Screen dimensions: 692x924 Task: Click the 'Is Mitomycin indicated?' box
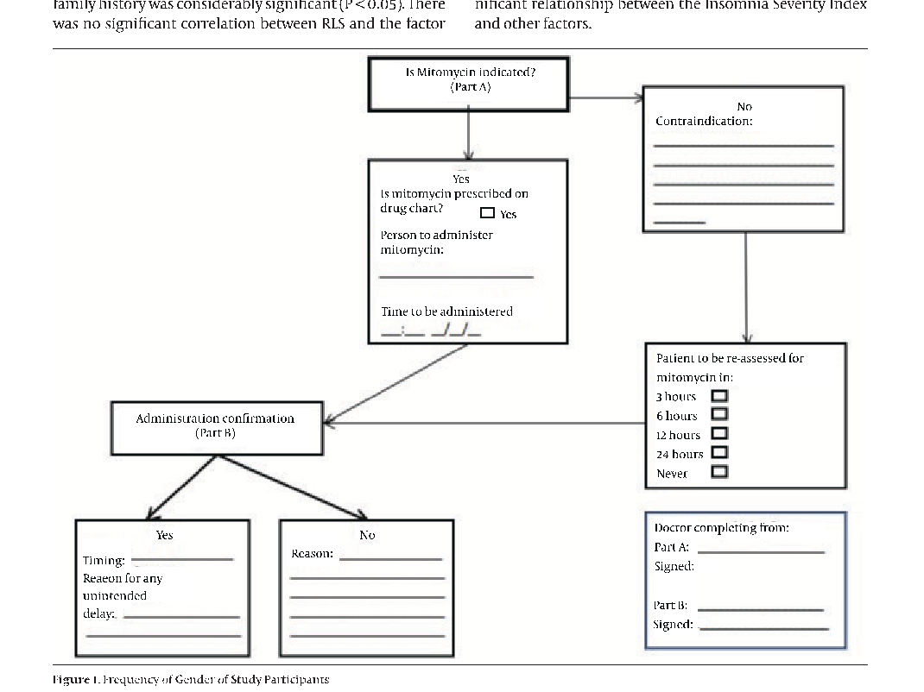(x=469, y=84)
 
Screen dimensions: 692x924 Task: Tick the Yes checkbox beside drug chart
(x=487, y=213)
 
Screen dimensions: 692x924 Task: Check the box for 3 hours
(x=718, y=396)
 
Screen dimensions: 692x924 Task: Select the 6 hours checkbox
(x=718, y=415)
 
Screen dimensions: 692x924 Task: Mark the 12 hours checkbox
(x=718, y=434)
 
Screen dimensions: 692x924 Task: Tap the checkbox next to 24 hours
(x=718, y=453)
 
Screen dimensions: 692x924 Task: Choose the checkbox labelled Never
(x=718, y=472)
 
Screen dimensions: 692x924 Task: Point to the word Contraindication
(x=703, y=122)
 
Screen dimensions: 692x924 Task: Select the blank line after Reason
(x=390, y=558)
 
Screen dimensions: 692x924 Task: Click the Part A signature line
(x=760, y=551)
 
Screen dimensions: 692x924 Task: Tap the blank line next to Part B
(x=760, y=609)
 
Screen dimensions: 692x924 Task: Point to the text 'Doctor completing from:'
(x=721, y=527)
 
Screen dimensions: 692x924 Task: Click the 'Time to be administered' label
(x=446, y=311)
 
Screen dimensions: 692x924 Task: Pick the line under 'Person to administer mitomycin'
(x=456, y=277)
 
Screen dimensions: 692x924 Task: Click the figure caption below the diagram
(x=191, y=680)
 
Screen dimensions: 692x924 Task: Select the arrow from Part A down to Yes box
(x=468, y=135)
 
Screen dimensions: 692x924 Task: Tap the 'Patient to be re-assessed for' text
(x=730, y=358)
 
